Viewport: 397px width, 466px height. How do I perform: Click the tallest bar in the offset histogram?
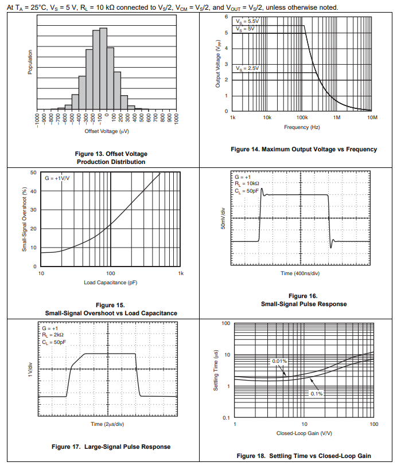[103, 69]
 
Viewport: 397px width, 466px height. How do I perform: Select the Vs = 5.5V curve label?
[247, 21]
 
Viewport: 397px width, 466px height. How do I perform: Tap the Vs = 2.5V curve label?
[247, 68]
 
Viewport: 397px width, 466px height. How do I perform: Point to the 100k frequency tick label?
[302, 117]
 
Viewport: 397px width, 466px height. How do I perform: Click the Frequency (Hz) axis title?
[302, 127]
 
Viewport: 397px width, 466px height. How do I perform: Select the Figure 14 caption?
[303, 149]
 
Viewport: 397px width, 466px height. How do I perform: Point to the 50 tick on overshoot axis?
[34, 173]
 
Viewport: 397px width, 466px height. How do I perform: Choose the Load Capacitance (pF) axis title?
[110, 283]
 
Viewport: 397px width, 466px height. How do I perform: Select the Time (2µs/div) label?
[108, 424]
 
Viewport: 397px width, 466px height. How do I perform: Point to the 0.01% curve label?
[279, 361]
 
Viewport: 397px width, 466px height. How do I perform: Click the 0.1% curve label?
[316, 394]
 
